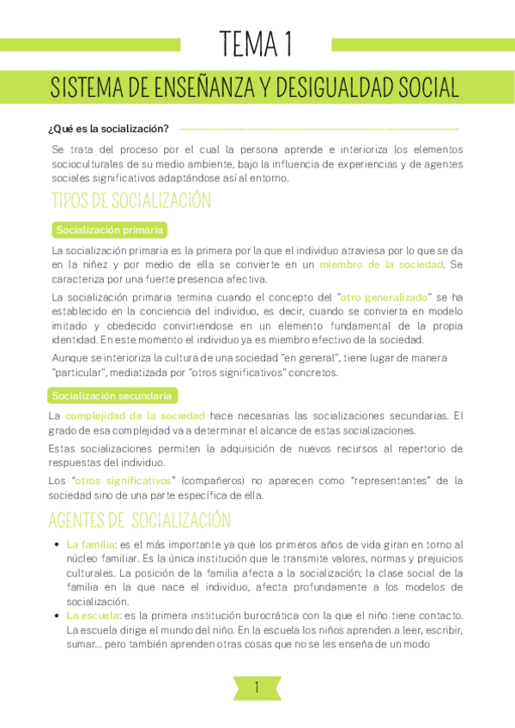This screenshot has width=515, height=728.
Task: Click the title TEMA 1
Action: [x=257, y=42]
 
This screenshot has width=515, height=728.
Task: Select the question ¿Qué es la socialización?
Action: [x=108, y=130]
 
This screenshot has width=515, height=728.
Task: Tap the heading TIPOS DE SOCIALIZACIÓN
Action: [x=130, y=202]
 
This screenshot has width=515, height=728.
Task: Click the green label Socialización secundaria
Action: [x=113, y=396]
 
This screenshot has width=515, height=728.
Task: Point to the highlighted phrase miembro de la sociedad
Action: [x=381, y=264]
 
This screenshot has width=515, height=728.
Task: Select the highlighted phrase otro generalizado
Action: [x=383, y=296]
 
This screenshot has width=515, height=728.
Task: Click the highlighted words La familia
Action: [x=89, y=544]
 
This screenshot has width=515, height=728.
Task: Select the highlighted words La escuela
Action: [x=91, y=616]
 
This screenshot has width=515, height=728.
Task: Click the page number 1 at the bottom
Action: [x=257, y=687]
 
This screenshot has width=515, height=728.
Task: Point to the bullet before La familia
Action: [x=57, y=544]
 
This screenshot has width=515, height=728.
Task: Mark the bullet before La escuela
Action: [x=57, y=616]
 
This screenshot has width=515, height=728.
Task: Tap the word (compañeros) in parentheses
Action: [x=215, y=480]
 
